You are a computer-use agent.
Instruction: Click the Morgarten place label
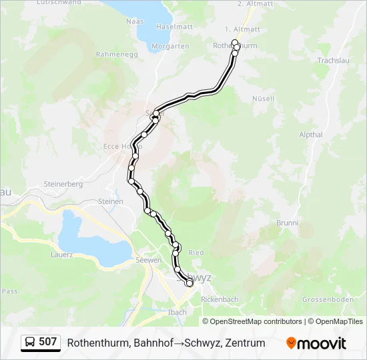(x=170, y=46)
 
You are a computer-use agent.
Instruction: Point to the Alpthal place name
(x=311, y=135)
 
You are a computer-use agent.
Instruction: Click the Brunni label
(x=288, y=223)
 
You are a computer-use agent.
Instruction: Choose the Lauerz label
(x=62, y=254)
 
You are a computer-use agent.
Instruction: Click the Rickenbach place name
(x=220, y=299)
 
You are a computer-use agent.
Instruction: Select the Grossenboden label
(x=327, y=300)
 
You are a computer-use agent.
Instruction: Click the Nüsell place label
(x=263, y=99)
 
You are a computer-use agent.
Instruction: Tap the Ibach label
(x=177, y=311)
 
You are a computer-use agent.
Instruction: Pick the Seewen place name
(x=148, y=260)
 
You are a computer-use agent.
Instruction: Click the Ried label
(x=196, y=253)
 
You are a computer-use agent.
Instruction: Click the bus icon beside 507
(x=30, y=343)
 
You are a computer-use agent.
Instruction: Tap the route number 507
(x=48, y=342)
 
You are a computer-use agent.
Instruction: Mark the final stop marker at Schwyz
(x=190, y=283)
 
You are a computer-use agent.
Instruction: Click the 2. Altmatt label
(x=256, y=4)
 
